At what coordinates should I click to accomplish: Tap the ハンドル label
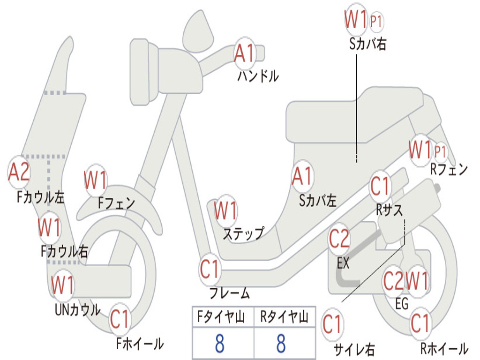coord(258,75)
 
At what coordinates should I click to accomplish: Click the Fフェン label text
coord(117,203)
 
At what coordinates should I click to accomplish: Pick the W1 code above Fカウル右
coord(49,227)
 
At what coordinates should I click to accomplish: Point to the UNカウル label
coord(77,310)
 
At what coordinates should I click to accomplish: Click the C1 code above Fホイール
coord(120,320)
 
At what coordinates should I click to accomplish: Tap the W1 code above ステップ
coord(225,211)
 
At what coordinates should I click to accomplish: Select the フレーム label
coord(229,294)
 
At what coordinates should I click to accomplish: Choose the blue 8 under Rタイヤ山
coord(281,344)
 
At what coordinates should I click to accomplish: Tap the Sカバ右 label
coord(368,44)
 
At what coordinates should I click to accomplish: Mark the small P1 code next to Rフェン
coord(440,151)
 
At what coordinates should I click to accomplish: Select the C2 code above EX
coord(339,239)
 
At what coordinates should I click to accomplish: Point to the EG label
coord(402,304)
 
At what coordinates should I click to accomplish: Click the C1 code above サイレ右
coord(332,324)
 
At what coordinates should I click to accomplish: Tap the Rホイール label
coord(444,349)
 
